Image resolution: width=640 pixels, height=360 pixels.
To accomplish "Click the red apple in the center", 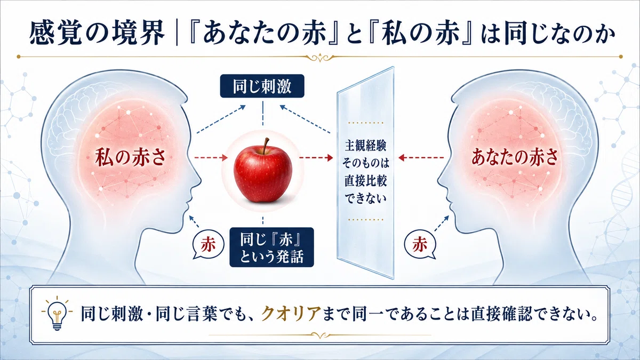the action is pyautogui.click(x=263, y=173).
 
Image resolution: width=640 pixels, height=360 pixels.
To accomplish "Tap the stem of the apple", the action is pyautogui.click(x=266, y=146).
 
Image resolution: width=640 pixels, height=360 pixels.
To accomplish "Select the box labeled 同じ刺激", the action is pyautogui.click(x=262, y=86).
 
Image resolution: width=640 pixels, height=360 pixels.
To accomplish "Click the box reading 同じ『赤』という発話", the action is pyautogui.click(x=271, y=247).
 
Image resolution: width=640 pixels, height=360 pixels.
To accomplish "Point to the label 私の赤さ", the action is pyautogui.click(x=131, y=158).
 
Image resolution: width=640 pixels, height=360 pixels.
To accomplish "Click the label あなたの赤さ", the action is pyautogui.click(x=515, y=158).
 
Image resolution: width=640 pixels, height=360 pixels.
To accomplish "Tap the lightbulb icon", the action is pyautogui.click(x=57, y=314).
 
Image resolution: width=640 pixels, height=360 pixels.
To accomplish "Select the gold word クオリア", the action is pyautogui.click(x=291, y=314).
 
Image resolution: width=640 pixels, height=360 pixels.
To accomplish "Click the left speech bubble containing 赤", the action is pyautogui.click(x=208, y=245).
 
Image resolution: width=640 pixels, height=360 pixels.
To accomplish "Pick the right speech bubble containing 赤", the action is pyautogui.click(x=420, y=245).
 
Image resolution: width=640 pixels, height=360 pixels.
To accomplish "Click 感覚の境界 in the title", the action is pyautogui.click(x=97, y=33).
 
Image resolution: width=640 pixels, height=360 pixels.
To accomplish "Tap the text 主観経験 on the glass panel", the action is pyautogui.click(x=366, y=146).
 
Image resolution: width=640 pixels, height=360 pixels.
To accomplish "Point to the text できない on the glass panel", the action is pyautogui.click(x=366, y=198).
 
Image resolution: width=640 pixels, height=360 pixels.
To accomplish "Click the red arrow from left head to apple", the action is pyautogui.click(x=211, y=157).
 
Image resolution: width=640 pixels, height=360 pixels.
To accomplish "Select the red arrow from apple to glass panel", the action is pyautogui.click(x=316, y=157).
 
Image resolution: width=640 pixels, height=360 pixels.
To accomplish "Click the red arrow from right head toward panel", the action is pyautogui.click(x=421, y=157).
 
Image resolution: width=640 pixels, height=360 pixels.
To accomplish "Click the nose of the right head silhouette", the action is pyautogui.click(x=441, y=181).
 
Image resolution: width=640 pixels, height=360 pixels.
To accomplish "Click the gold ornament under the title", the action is pyautogui.click(x=320, y=58).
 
